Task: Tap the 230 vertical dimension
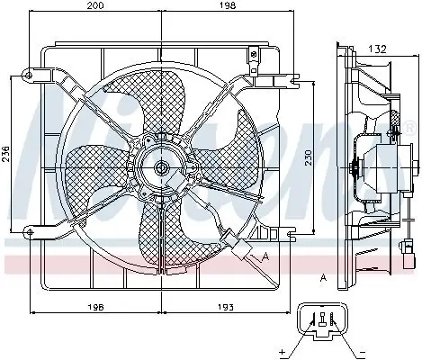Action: [x=309, y=154]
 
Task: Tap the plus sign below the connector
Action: [x=282, y=351]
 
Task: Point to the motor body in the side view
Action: [x=372, y=166]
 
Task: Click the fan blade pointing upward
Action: [x=157, y=106]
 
